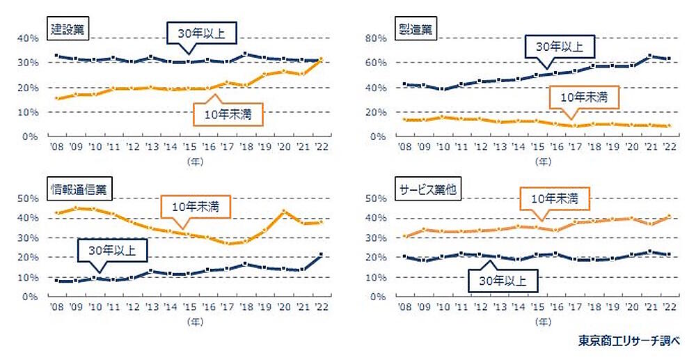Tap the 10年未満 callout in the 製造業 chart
click(583, 97)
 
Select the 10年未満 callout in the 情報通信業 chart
click(195, 206)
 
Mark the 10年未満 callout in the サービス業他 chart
click(554, 198)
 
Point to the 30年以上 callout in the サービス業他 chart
click(501, 281)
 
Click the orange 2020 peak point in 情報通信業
click(284, 211)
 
